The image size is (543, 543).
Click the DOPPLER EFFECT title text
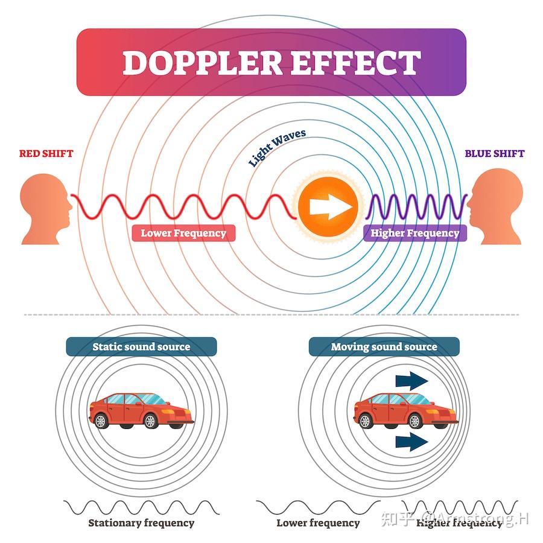click(272, 62)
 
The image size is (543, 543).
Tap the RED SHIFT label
click(46, 153)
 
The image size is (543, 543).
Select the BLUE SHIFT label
click(495, 153)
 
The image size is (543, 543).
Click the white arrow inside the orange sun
click(331, 207)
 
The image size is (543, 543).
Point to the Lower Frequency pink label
click(183, 233)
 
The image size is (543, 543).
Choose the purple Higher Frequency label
click(415, 233)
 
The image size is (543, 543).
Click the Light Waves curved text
click(277, 148)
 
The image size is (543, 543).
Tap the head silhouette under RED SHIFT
click(46, 209)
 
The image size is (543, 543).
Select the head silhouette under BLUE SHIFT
click(495, 206)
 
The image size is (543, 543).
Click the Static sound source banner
click(141, 347)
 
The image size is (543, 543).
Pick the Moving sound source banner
click(384, 347)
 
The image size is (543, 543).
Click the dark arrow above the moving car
click(411, 381)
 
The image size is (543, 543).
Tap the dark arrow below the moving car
click(411, 442)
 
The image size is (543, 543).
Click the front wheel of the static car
click(150, 421)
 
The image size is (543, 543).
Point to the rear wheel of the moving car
click(365, 421)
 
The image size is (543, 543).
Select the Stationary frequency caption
click(141, 522)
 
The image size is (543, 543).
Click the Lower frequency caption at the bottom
click(318, 522)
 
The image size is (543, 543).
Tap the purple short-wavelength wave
click(417, 207)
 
